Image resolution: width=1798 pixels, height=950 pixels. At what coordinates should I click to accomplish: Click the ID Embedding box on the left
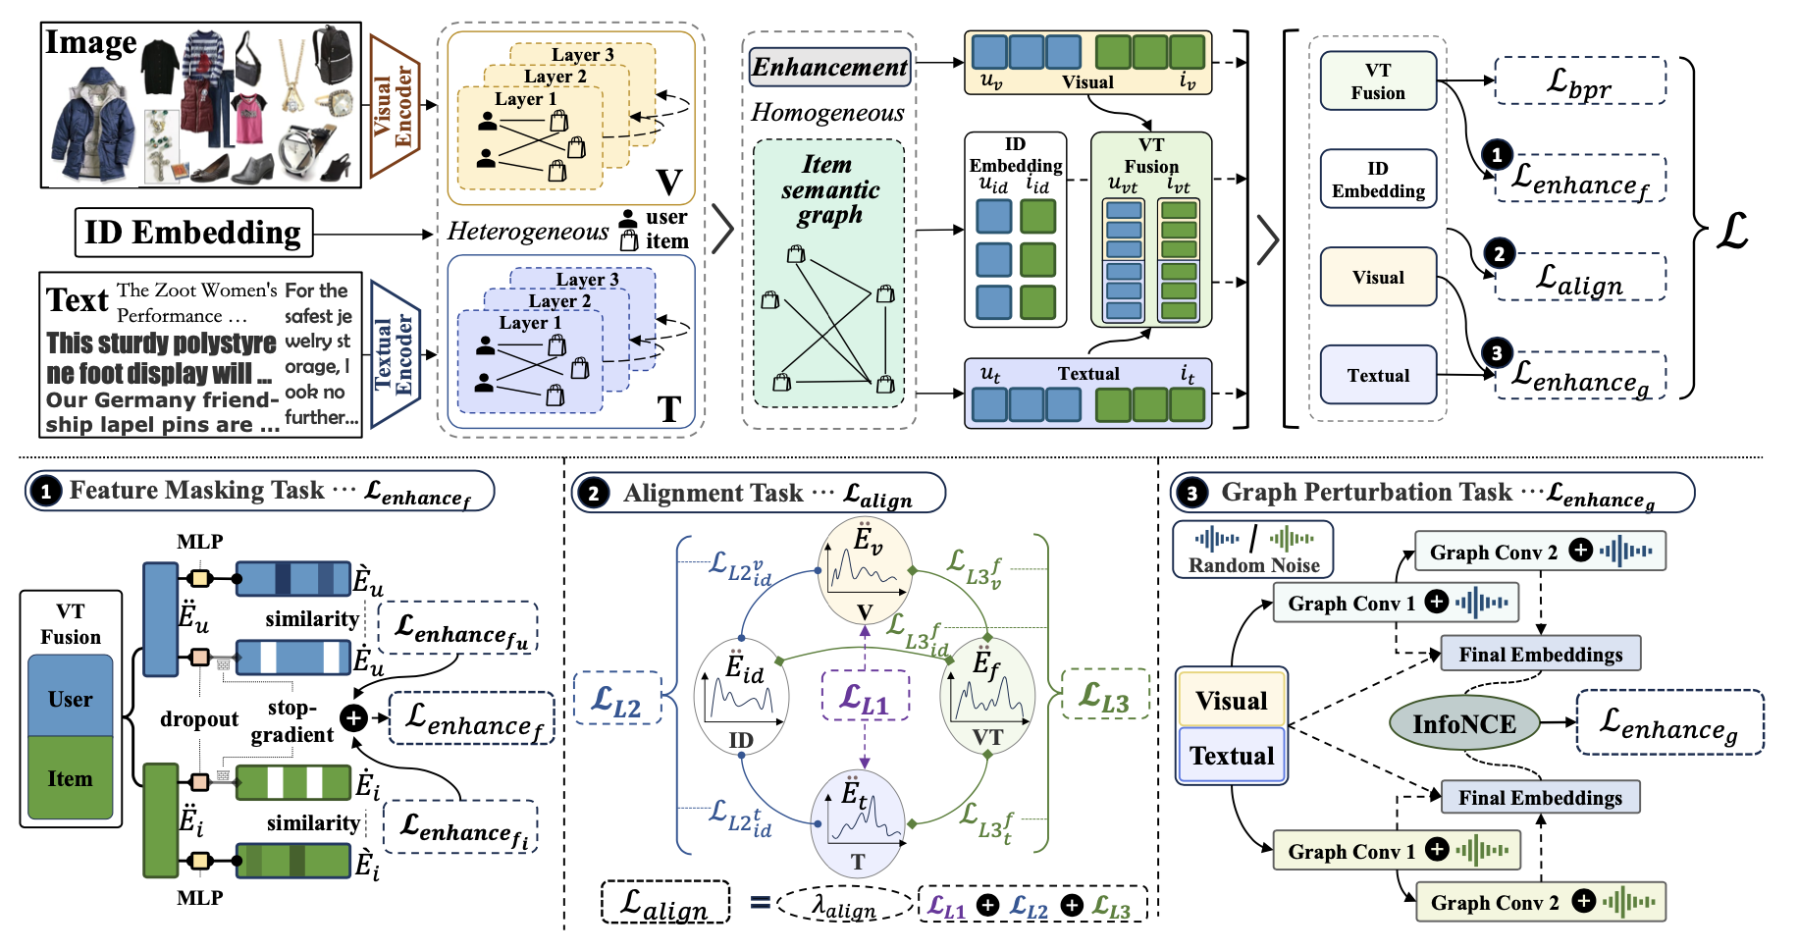(x=193, y=233)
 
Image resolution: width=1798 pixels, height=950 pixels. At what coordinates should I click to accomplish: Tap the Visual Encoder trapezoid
(x=395, y=106)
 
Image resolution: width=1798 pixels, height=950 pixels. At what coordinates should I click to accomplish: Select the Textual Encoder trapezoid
(x=396, y=354)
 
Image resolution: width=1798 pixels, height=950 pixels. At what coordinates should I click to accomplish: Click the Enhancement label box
(x=829, y=67)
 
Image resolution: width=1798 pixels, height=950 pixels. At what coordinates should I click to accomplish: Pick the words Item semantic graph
(x=829, y=189)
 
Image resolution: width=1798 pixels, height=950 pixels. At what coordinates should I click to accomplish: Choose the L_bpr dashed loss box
(x=1579, y=81)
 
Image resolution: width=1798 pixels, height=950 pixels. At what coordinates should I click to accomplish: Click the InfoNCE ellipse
(x=1463, y=723)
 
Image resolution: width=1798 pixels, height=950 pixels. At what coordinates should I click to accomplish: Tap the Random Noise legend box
(x=1253, y=550)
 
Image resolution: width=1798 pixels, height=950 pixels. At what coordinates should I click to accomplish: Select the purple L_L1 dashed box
(x=865, y=696)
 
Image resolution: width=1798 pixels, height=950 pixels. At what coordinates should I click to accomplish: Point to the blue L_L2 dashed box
(x=616, y=698)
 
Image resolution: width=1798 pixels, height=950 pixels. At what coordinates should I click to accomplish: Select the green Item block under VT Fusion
(x=71, y=778)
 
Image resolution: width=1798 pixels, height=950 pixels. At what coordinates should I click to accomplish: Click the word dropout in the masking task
(x=199, y=719)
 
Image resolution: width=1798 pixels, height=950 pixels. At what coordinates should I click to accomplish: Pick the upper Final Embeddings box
(x=1540, y=654)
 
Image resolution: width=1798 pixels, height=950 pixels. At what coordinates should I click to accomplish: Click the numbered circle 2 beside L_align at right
(x=1499, y=253)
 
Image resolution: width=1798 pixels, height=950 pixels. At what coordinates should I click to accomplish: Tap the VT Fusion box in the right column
(x=1378, y=81)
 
